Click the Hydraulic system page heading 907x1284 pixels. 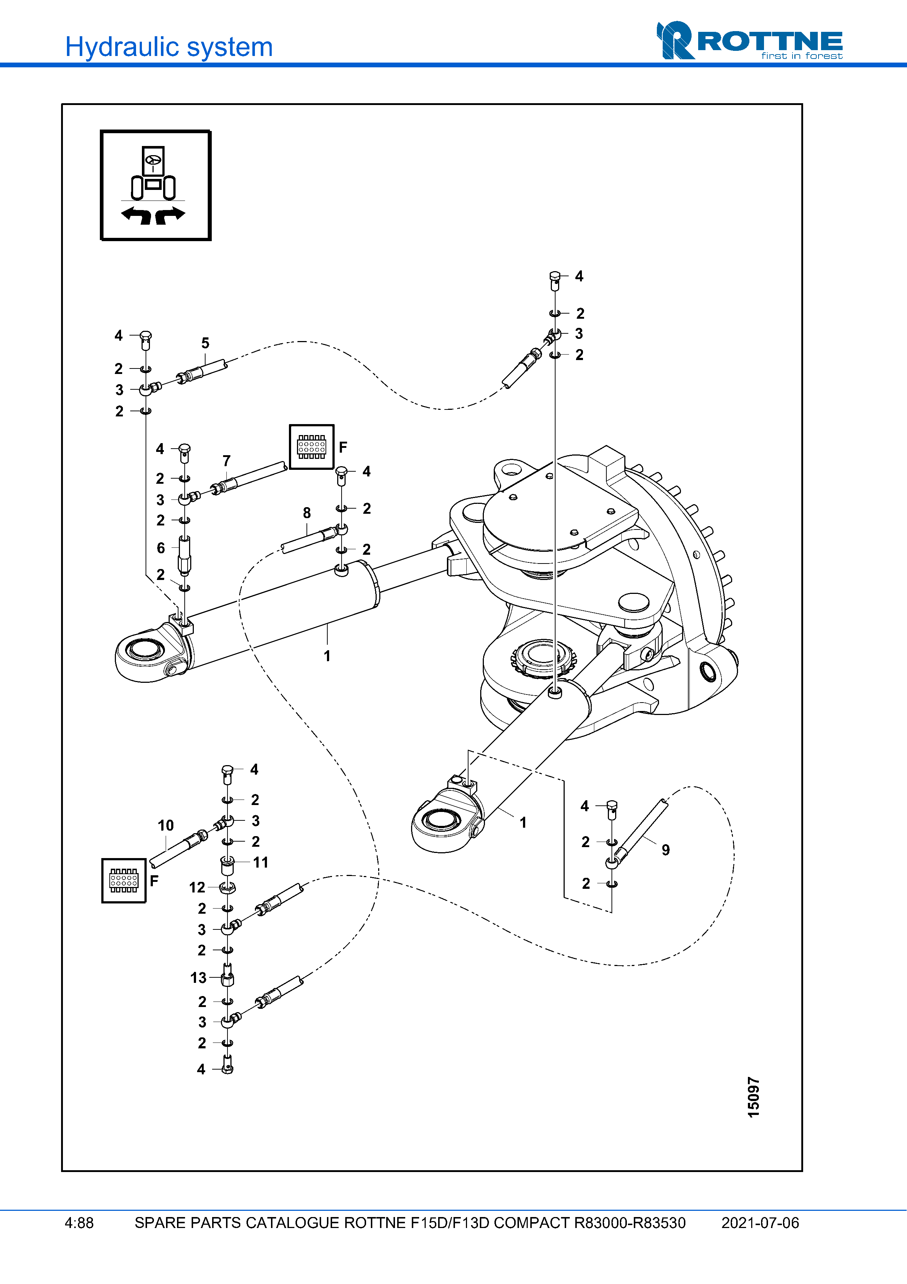(x=169, y=47)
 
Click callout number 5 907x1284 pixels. (x=205, y=343)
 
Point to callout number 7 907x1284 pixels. (x=226, y=461)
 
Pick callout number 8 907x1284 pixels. (x=307, y=513)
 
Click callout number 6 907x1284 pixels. (x=161, y=548)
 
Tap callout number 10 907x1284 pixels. (x=165, y=826)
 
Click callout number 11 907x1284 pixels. (x=260, y=862)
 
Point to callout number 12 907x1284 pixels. (x=197, y=887)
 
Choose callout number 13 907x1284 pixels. (x=198, y=977)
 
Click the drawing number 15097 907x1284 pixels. (x=753, y=1097)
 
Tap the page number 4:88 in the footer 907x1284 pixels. (x=79, y=1223)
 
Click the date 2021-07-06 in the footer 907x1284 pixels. (x=760, y=1223)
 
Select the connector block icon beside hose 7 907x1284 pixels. (x=311, y=447)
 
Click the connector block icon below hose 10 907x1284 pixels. (x=124, y=881)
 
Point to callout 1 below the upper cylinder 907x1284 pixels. (x=327, y=656)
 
